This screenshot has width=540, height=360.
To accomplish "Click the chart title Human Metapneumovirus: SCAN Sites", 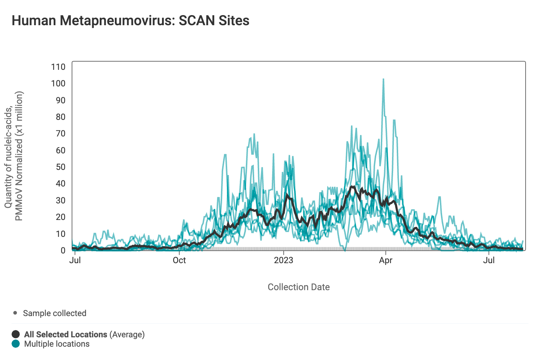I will click(130, 21).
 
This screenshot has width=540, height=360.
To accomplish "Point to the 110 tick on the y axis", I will click(58, 67).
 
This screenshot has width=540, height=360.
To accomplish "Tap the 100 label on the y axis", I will click(58, 84).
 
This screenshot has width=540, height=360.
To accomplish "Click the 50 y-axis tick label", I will click(60, 167).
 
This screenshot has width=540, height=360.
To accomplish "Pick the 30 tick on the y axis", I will click(60, 201).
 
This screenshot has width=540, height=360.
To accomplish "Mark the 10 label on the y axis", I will click(60, 234).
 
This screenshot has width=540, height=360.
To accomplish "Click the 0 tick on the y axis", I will click(63, 251).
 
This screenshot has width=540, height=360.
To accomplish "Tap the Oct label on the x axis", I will click(179, 260).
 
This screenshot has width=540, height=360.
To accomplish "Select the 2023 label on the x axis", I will click(284, 260).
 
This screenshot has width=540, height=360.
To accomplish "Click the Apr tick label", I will click(386, 260).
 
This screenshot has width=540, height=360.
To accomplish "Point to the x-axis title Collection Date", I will click(298, 287).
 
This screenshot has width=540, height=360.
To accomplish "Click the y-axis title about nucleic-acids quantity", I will click(14, 156).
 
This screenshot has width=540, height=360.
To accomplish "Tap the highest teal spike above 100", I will click(383, 80).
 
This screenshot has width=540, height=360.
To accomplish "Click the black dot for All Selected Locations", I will click(16, 334).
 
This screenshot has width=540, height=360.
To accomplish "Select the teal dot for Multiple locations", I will click(16, 344).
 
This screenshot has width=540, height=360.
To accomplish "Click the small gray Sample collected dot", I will click(15, 313).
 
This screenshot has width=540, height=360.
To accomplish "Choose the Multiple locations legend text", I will click(57, 344).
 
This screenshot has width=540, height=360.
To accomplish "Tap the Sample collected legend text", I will click(55, 313).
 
